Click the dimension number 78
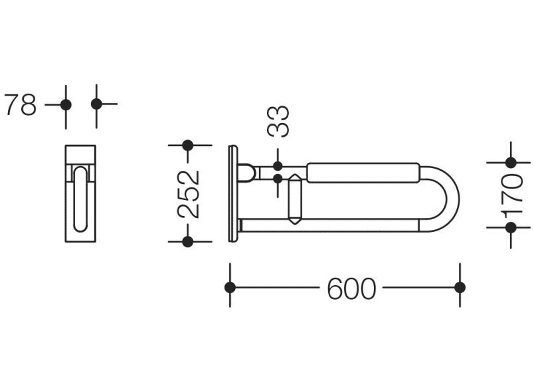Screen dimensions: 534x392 pos(20,105)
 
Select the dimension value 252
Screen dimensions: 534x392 pos(189,194)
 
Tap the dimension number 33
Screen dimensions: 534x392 pos(278,121)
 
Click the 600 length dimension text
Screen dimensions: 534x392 pos(351,288)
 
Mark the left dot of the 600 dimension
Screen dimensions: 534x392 pos(230,287)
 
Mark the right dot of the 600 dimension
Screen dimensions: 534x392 pos(460,287)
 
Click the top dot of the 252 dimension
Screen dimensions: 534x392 pos(188,146)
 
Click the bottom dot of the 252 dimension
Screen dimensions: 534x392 pos(188,242)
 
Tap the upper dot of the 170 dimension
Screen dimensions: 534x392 pos(511,163)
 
